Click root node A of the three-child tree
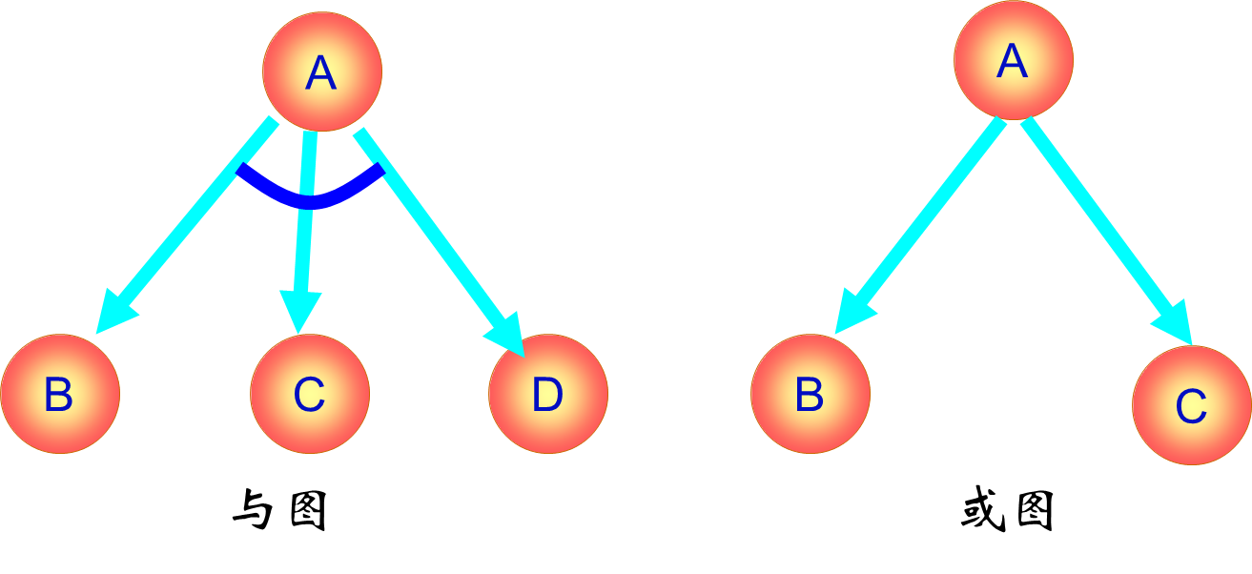322,72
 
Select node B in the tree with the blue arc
60,394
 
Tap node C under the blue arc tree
310,394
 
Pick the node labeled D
548,394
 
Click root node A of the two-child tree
1013,60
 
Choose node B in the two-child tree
811,394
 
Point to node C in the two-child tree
1191,405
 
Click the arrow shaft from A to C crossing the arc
304,238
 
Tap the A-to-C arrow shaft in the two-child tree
1097,219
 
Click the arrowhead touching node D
507,334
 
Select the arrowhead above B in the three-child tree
114,312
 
